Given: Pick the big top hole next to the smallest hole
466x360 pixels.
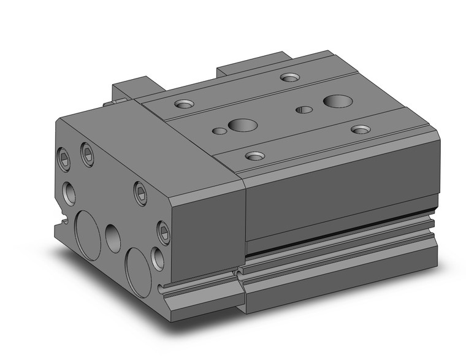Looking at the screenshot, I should (242, 126).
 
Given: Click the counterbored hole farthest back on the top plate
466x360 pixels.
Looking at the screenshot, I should (289, 77).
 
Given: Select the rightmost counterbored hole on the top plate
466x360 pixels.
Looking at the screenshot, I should (361, 129).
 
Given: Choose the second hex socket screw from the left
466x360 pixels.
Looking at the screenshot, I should (87, 154).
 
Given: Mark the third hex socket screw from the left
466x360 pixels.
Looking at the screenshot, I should (141, 193).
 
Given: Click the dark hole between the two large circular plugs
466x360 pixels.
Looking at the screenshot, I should (113, 238).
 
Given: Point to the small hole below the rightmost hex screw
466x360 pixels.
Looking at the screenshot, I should (158, 258).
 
